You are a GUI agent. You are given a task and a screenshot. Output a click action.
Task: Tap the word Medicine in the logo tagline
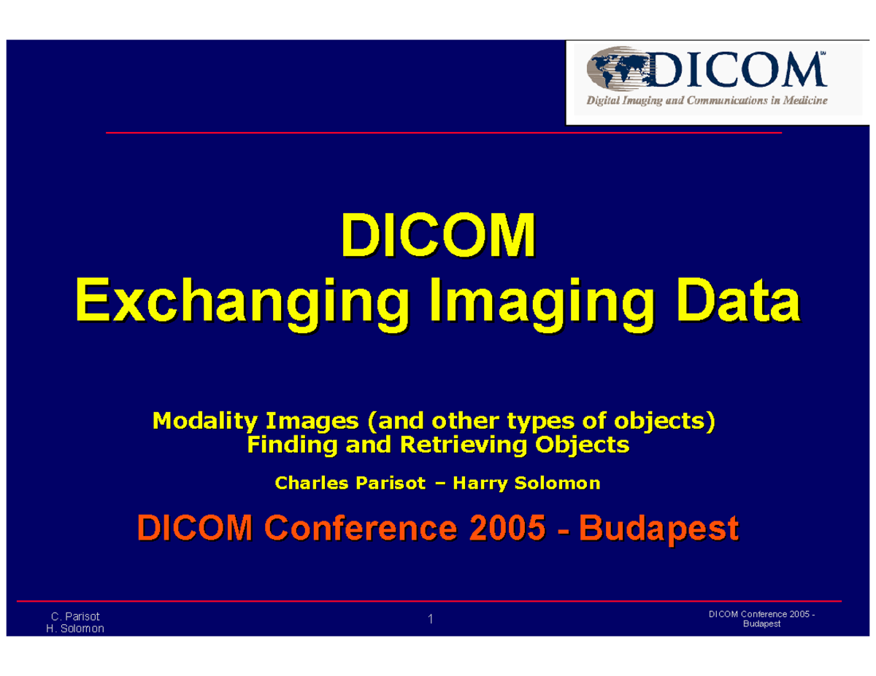tap(801, 102)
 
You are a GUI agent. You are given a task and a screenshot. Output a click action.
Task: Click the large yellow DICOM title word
tap(438, 236)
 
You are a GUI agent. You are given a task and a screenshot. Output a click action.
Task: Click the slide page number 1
tap(431, 620)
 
